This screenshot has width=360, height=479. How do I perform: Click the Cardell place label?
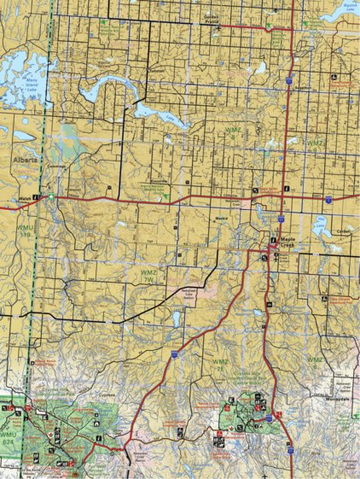tap(343, 231)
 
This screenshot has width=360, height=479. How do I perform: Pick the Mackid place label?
tap(220, 217)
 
